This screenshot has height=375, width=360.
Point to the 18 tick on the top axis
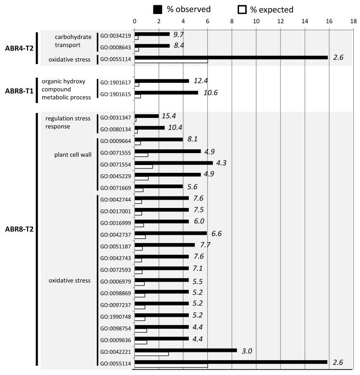coord(354,21)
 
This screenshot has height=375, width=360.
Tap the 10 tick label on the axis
coord(256,21)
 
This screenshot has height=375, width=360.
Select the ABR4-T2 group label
coord(17,48)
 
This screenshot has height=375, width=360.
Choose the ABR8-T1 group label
coord(17,90)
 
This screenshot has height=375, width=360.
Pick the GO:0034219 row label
coord(115,36)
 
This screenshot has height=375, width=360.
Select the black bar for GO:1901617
coord(161,81)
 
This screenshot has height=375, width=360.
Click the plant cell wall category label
coord(73,155)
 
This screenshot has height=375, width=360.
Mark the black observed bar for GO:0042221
coord(186,350)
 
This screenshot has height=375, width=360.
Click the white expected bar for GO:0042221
coord(151,354)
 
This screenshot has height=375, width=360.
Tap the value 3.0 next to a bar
coord(248,351)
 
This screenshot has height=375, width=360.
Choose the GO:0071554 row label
coord(115,164)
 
